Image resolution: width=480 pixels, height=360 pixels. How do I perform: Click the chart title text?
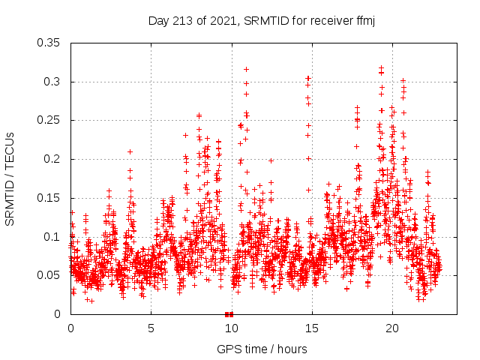tap(262, 20)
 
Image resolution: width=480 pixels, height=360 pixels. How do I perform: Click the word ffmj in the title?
tap(364, 20)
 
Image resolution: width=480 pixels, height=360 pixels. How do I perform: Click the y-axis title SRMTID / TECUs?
tap(10, 178)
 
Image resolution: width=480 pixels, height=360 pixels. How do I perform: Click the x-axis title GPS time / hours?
tap(262, 349)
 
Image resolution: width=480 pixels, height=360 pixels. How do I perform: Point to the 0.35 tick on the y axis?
tap(49, 43)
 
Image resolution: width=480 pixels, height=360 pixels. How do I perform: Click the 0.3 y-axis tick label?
tap(52, 82)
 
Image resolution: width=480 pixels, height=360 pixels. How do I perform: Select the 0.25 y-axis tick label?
tap(49, 120)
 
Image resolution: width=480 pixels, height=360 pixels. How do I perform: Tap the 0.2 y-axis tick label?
tap(52, 159)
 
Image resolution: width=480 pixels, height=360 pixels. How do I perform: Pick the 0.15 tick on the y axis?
tap(49, 198)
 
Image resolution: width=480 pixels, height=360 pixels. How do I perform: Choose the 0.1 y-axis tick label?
tap(52, 237)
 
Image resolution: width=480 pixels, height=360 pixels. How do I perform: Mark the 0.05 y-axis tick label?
tap(49, 275)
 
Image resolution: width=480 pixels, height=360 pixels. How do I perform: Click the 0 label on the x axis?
tap(70, 328)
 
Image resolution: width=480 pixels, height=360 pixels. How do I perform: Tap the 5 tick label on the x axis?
tap(151, 328)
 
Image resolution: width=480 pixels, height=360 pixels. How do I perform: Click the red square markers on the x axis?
tap(229, 314)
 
